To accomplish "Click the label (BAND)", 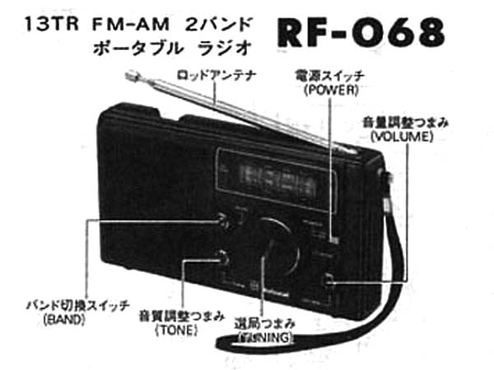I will pyautogui.click(x=65, y=319).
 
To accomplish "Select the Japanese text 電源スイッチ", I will pyautogui.click(x=329, y=76).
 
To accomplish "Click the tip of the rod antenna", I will pyautogui.click(x=130, y=76).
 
